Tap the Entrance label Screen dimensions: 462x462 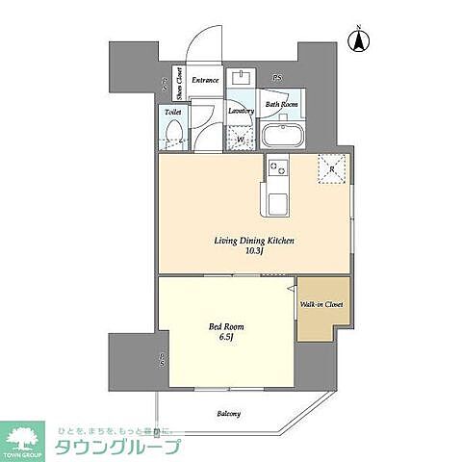click(x=205, y=80)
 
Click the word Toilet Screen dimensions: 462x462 click(x=173, y=112)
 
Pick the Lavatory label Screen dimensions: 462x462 click(x=241, y=111)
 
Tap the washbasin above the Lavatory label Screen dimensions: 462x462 click(x=241, y=79)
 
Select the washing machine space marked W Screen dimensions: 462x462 click(x=241, y=138)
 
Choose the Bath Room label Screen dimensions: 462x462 click(x=282, y=104)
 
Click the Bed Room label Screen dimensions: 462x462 click(x=223, y=325)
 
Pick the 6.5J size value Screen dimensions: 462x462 click(x=223, y=338)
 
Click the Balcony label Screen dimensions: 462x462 click(x=228, y=414)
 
